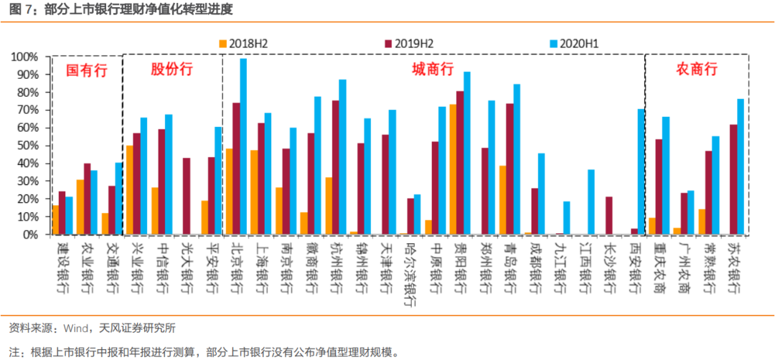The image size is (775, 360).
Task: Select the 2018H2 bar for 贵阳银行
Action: (453, 170)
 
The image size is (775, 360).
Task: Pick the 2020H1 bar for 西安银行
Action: (639, 172)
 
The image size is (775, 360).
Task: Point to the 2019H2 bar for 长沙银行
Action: (609, 216)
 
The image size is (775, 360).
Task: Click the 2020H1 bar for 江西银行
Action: (591, 202)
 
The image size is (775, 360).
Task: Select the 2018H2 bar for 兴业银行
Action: (128, 190)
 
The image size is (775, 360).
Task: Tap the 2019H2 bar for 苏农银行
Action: (733, 180)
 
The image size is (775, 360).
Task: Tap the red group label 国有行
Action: (86, 70)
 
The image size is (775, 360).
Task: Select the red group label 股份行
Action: (172, 70)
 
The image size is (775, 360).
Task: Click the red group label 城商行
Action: (433, 70)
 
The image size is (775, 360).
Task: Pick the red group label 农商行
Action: (697, 70)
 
